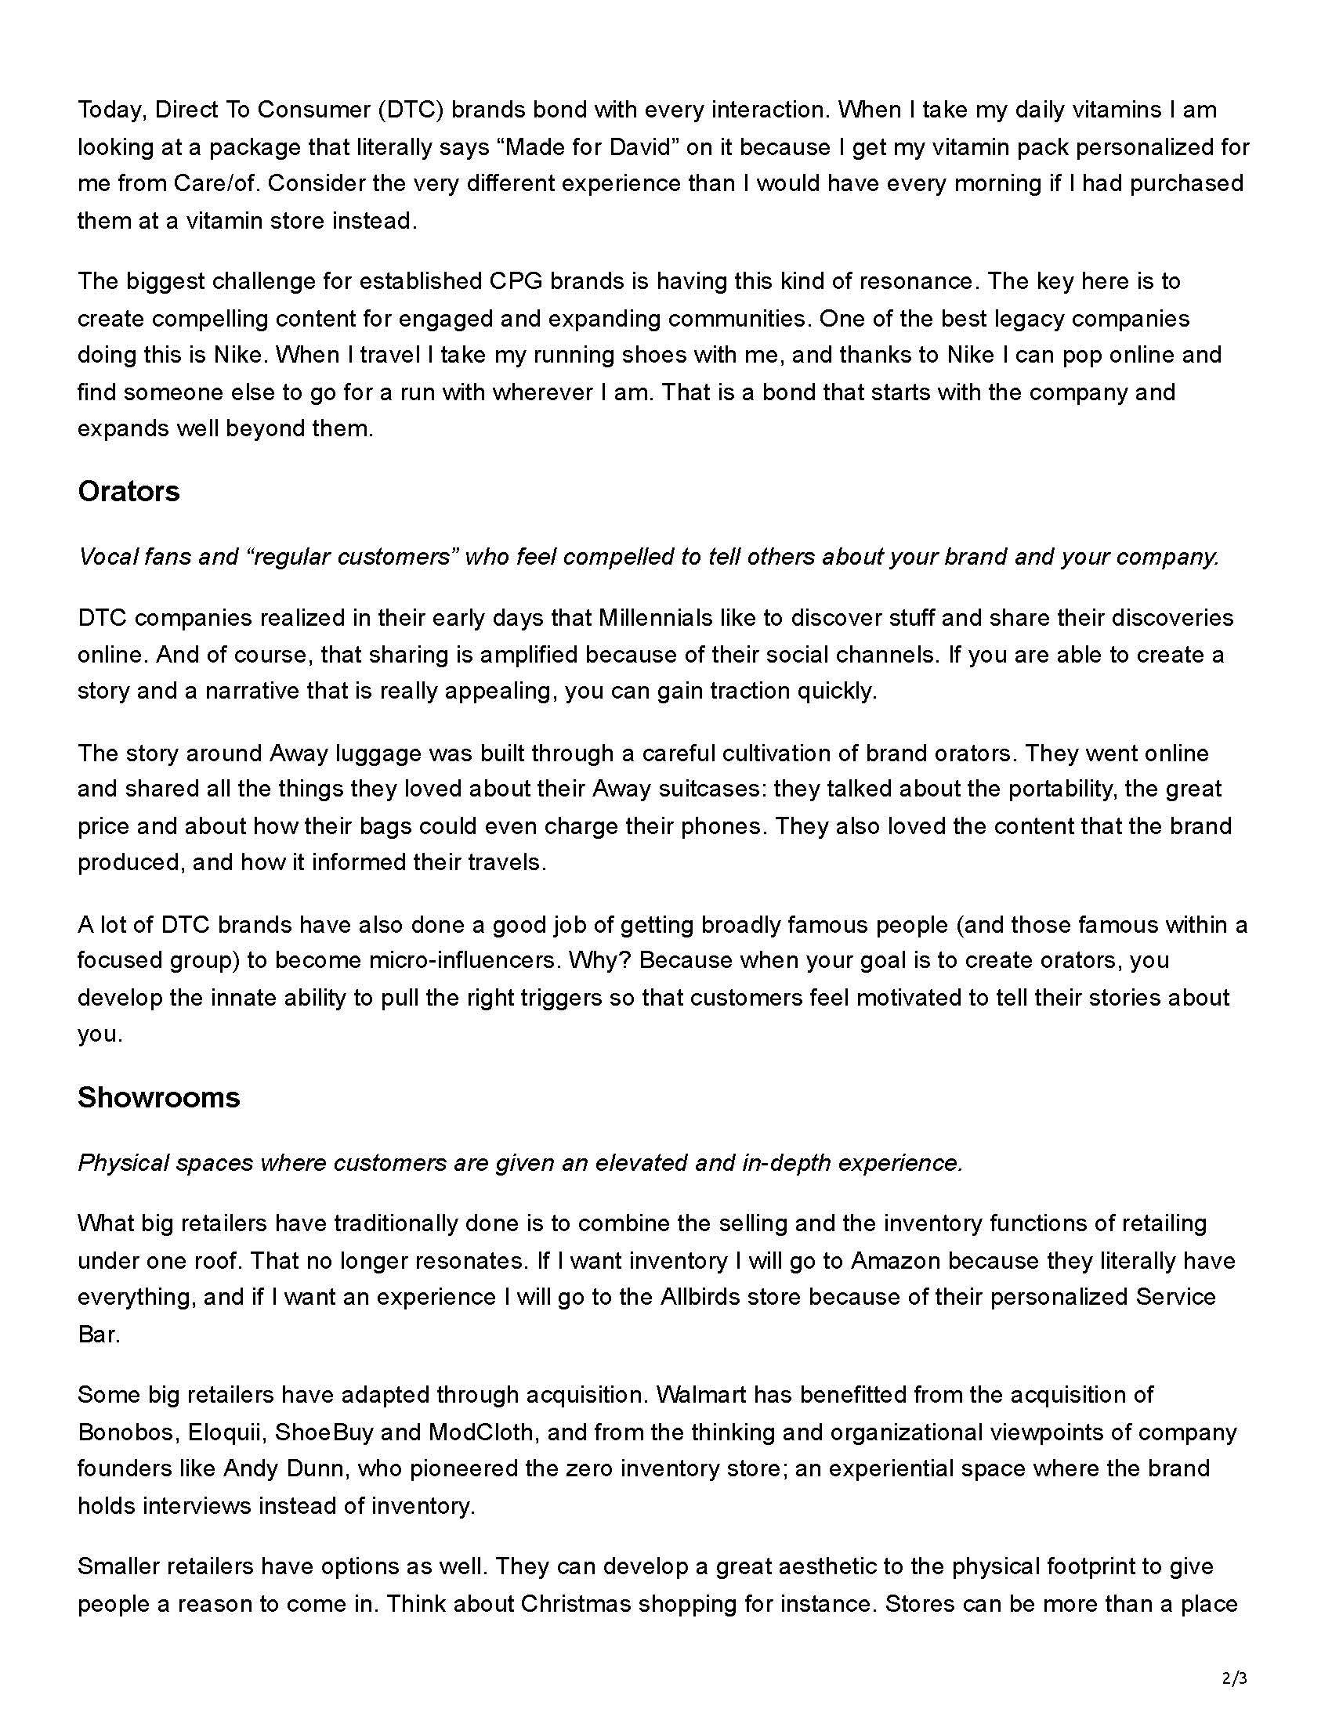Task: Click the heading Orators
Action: point(128,492)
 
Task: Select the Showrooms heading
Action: point(158,1097)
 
